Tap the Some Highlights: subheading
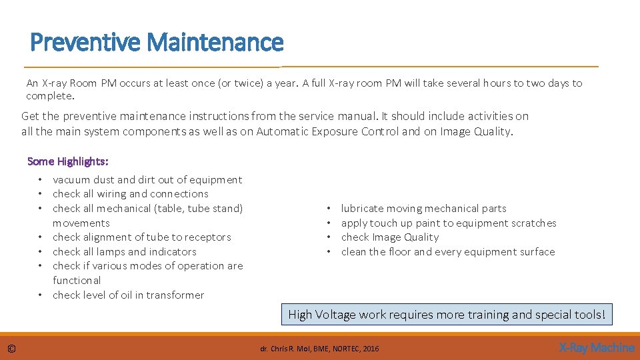(x=68, y=161)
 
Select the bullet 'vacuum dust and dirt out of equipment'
(x=147, y=179)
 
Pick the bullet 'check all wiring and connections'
(x=131, y=194)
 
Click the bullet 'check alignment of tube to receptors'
(x=142, y=237)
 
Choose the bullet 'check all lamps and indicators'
(x=125, y=252)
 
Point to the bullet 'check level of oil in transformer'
(x=129, y=295)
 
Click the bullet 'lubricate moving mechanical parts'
(x=423, y=209)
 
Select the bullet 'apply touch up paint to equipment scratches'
(x=448, y=223)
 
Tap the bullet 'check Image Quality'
(x=390, y=237)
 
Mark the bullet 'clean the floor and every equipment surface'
(x=447, y=252)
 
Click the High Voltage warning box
(x=447, y=315)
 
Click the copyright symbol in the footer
(x=12, y=348)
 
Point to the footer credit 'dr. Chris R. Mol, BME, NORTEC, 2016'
(x=319, y=349)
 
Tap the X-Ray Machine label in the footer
(x=596, y=347)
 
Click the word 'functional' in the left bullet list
(x=77, y=281)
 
